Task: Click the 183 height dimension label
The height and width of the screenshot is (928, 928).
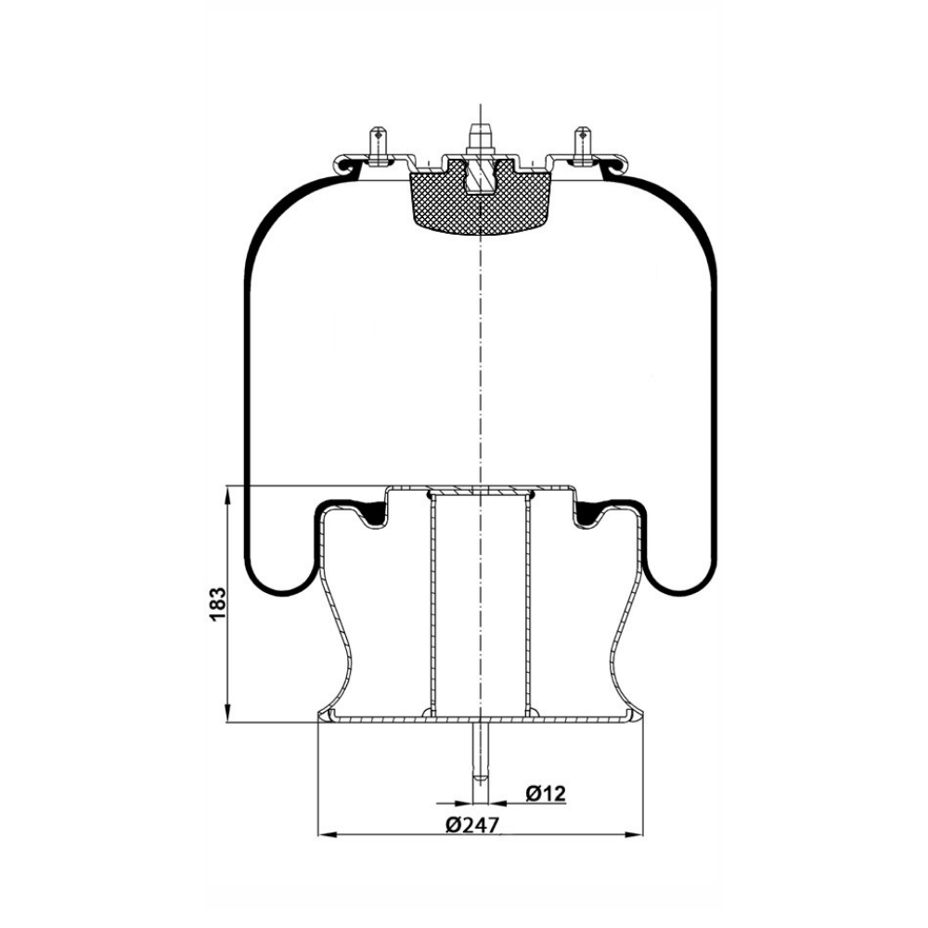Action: (x=218, y=604)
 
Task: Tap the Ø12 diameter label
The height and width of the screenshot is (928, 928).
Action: (x=545, y=793)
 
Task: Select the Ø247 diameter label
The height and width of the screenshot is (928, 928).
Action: (x=472, y=824)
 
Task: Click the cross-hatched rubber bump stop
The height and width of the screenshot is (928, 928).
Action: (x=481, y=199)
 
